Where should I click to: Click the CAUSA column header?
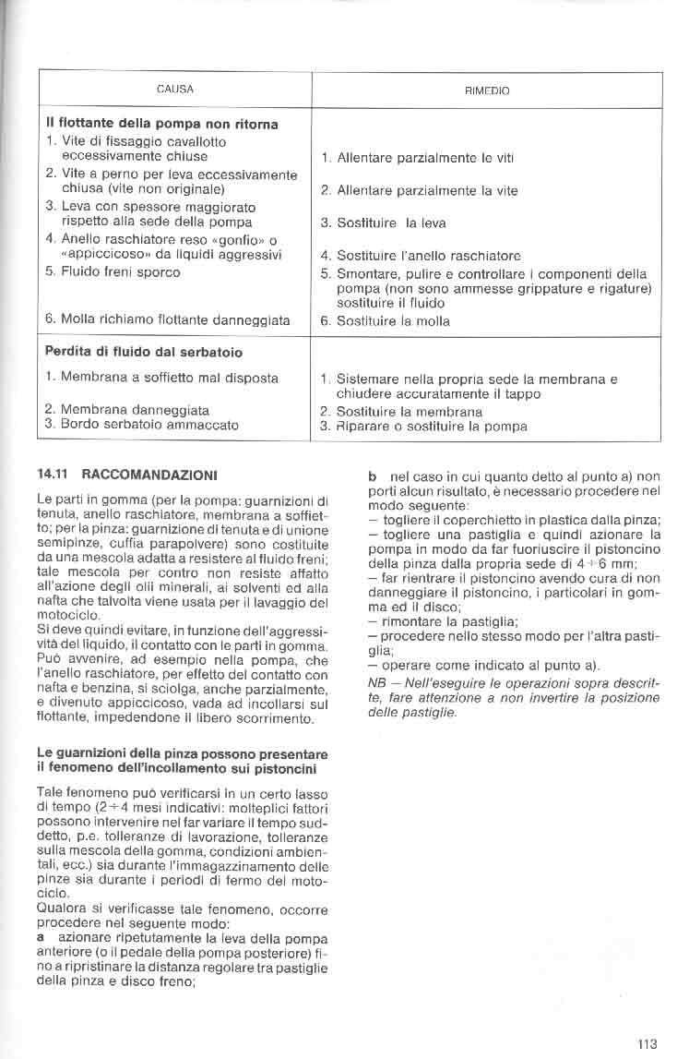point(175,90)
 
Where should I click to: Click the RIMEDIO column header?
point(488,91)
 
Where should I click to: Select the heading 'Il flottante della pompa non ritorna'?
point(162,123)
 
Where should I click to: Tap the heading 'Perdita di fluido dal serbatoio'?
point(145,352)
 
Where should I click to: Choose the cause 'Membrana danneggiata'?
point(126,409)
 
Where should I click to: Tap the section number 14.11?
point(51,475)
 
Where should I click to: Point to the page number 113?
point(647,1044)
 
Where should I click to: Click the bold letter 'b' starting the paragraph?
point(372,475)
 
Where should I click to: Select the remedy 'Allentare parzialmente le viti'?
point(417,158)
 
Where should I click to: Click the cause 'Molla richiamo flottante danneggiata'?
point(167,320)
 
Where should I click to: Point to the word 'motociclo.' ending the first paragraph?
point(65,614)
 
